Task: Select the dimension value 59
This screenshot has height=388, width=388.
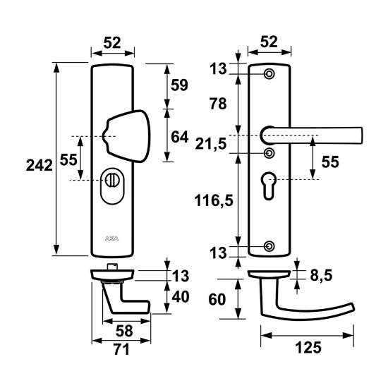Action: (179, 85)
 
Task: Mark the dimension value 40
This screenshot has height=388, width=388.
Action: (181, 296)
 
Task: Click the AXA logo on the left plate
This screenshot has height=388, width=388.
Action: (111, 237)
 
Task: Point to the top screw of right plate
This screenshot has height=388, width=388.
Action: (269, 75)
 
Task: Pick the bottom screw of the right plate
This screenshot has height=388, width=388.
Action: (269, 246)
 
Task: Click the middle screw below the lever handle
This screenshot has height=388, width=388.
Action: (269, 152)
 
